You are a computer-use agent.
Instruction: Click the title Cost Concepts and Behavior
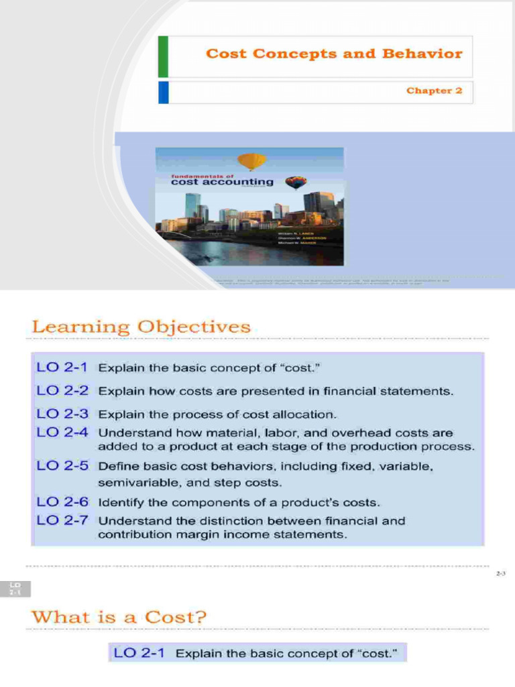[x=334, y=54]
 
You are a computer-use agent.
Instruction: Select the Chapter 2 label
[x=434, y=91]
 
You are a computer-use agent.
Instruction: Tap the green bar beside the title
[x=163, y=56]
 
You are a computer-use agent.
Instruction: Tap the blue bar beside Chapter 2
[x=163, y=92]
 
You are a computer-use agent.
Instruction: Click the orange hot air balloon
[x=252, y=162]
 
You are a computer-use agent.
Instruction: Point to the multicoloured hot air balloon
[x=296, y=182]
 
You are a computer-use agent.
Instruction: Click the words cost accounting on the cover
[x=222, y=181]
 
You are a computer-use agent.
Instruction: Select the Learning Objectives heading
[x=141, y=327]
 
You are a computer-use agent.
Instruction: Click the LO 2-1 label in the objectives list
[x=62, y=368]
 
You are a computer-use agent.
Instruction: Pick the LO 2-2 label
[x=62, y=390]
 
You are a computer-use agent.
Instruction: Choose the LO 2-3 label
[x=62, y=414]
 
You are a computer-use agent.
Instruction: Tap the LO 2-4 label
[x=62, y=433]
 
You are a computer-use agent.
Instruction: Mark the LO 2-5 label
[x=62, y=465]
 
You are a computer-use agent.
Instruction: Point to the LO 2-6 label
[x=62, y=501]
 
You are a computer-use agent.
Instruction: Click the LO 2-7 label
[x=62, y=520]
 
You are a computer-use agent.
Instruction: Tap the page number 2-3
[x=500, y=574]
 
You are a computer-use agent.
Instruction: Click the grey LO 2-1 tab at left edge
[x=15, y=590]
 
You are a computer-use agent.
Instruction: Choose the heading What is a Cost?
[x=119, y=617]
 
